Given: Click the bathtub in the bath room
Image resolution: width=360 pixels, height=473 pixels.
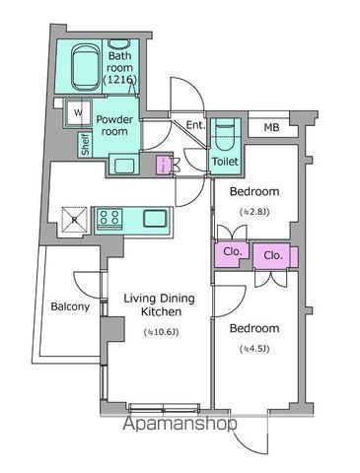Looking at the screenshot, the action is click(x=86, y=67).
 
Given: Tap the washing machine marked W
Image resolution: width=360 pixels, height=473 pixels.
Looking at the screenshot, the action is click(x=79, y=113).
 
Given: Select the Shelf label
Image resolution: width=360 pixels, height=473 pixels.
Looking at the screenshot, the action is click(x=85, y=144).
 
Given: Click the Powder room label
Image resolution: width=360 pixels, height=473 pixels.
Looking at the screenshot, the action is click(x=114, y=125).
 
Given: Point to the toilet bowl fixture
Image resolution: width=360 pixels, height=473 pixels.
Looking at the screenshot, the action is click(x=225, y=134).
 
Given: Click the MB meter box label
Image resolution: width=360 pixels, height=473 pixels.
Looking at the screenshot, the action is click(x=271, y=127).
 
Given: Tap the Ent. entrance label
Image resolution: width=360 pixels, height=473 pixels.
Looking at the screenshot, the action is click(x=196, y=125).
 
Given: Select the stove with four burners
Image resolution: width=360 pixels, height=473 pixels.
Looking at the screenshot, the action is click(x=109, y=218).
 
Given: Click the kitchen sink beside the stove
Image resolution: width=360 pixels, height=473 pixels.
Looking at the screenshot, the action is click(x=155, y=219).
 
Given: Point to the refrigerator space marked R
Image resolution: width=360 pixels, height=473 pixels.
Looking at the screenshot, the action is click(x=74, y=220).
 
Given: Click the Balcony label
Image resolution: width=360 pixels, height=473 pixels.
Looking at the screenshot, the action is click(x=70, y=306).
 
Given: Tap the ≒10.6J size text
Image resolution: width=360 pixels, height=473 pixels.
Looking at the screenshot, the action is click(x=161, y=332).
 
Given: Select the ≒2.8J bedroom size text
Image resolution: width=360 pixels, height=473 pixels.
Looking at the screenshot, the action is click(x=254, y=212).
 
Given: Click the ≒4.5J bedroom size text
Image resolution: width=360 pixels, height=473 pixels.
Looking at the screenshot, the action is click(x=254, y=349).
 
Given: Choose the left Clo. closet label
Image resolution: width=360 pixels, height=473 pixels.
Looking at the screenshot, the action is click(x=233, y=252).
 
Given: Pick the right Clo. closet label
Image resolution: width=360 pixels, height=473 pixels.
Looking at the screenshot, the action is click(x=273, y=255).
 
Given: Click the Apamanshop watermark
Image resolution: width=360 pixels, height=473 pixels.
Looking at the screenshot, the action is click(x=180, y=424).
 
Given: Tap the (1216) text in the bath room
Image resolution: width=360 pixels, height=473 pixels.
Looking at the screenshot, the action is click(x=119, y=79).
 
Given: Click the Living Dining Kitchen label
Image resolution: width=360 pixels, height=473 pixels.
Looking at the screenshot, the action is click(x=160, y=305).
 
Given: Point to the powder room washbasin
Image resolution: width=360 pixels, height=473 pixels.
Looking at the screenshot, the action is click(x=124, y=166).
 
